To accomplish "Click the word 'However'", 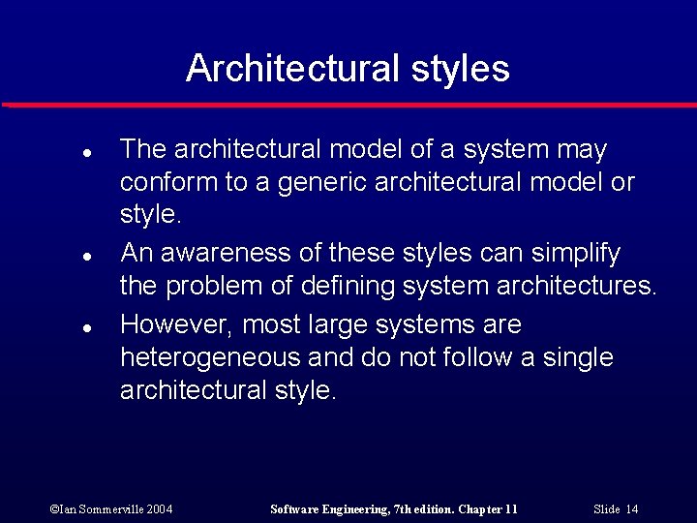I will tap(176, 323).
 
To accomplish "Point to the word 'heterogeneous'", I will tap(210, 358).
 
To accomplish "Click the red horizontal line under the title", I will tap(348, 104).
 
